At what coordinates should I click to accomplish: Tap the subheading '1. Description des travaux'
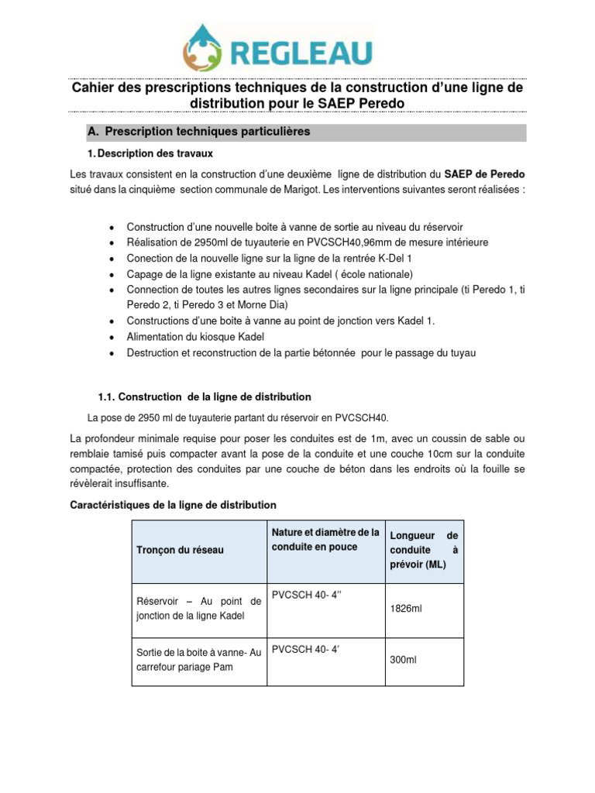156,153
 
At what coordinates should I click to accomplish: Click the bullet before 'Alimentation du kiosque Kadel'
113,337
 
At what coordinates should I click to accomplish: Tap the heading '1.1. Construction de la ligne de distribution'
205,397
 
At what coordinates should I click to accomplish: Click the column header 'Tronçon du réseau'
180,550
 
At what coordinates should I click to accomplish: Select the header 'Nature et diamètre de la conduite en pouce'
325,540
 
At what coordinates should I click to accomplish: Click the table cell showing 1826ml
406,609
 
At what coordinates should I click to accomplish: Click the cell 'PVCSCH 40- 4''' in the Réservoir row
297,595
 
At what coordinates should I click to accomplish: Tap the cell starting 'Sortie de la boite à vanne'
199,659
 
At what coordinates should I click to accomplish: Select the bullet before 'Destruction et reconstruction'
113,353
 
